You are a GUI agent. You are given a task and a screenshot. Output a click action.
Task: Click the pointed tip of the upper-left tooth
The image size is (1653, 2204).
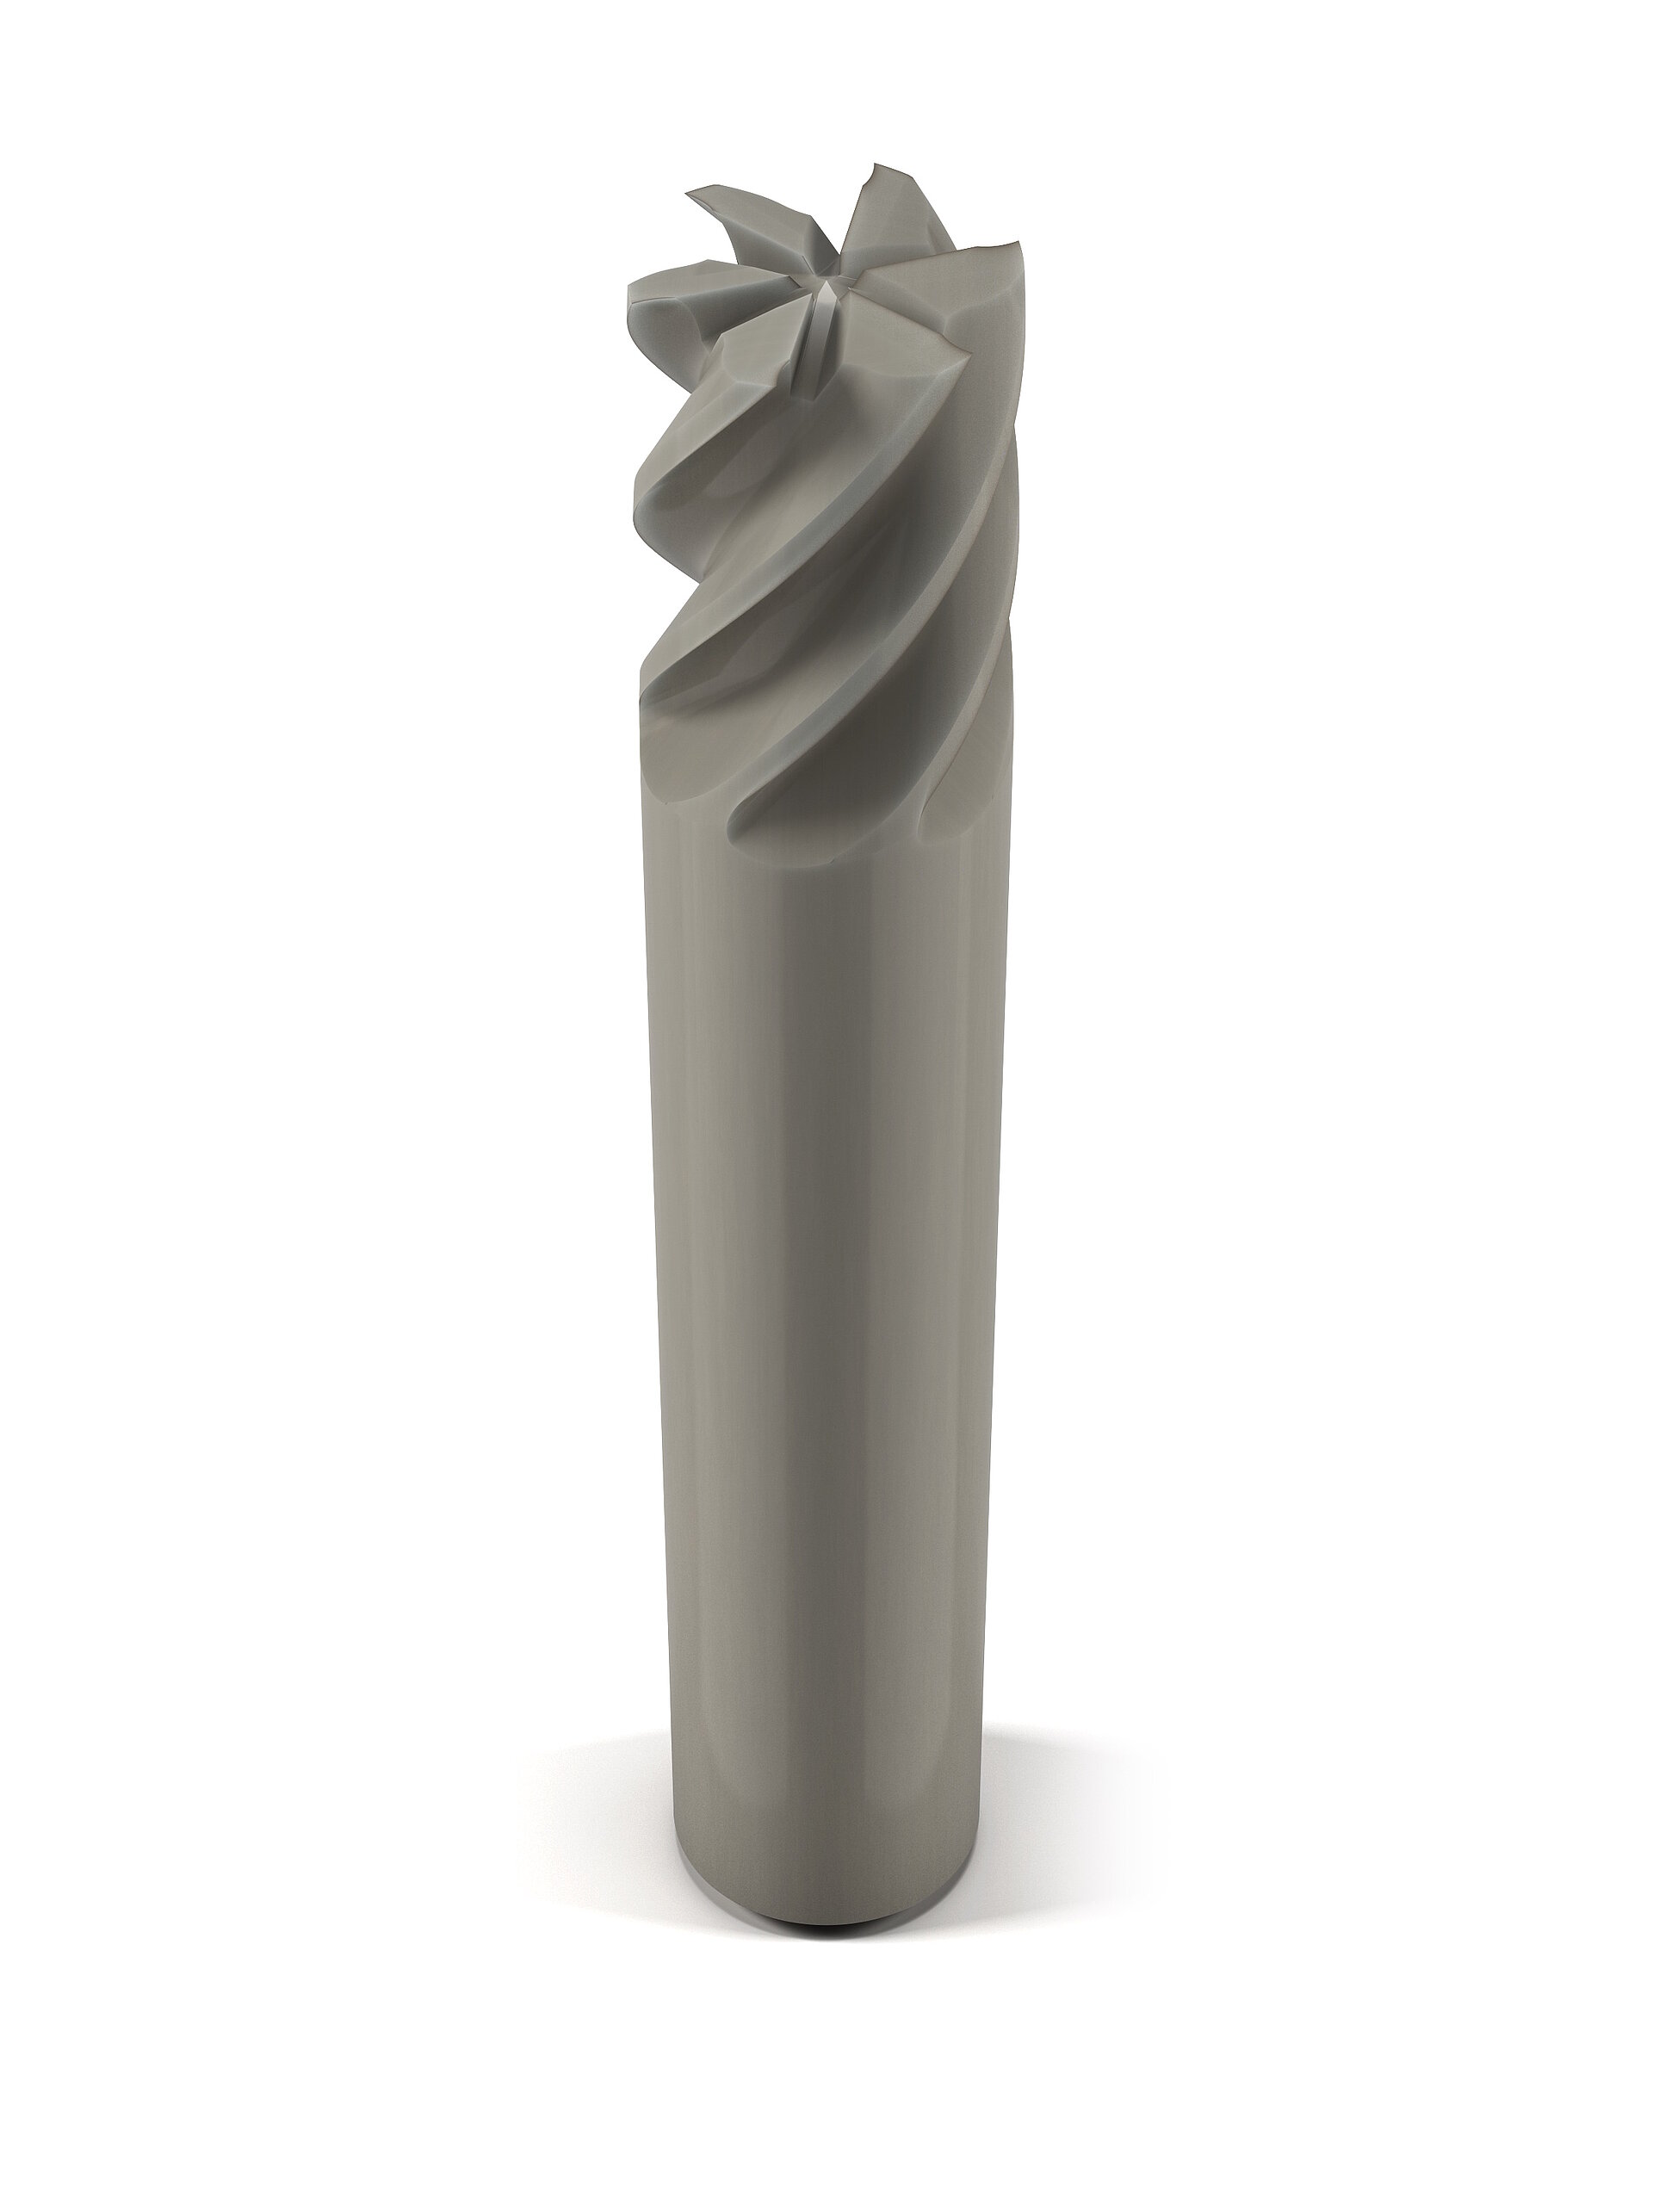point(689,195)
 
